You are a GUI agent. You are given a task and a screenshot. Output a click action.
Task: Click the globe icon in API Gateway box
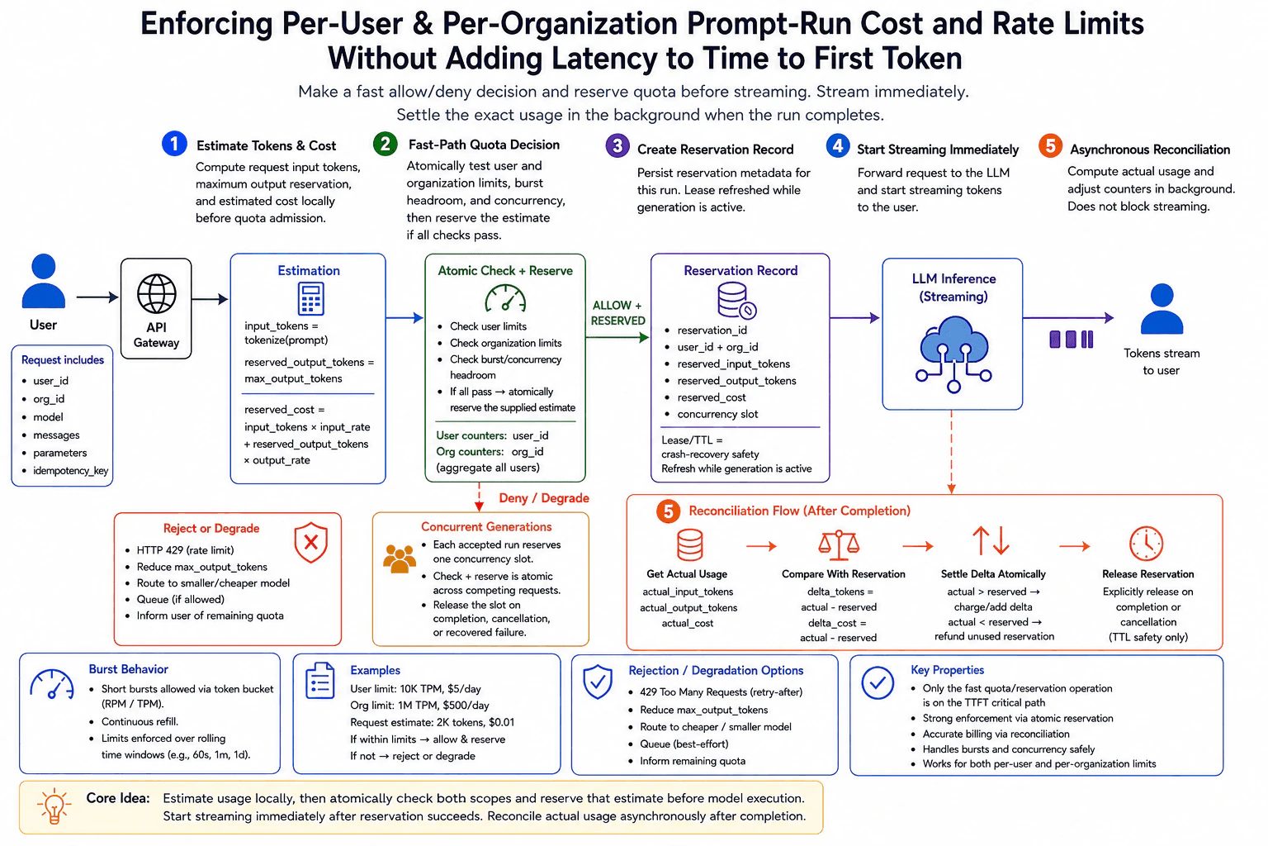(x=156, y=293)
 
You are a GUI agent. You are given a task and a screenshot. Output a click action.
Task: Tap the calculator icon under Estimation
(x=310, y=298)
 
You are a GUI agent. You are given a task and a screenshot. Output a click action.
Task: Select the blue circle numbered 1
(x=174, y=144)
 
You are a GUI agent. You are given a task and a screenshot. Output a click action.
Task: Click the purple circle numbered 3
(x=617, y=146)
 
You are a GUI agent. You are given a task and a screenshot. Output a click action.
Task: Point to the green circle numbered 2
(x=385, y=144)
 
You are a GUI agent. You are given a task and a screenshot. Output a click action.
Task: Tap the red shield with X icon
(x=310, y=543)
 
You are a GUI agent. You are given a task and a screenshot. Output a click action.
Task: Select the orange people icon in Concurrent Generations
(x=399, y=558)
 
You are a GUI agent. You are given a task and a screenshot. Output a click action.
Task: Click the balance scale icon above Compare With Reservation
(x=839, y=544)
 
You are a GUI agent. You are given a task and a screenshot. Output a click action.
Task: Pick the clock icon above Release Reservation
(x=1147, y=544)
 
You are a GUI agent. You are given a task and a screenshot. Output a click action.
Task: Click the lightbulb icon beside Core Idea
(x=54, y=806)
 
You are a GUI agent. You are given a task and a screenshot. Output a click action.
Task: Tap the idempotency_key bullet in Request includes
(x=70, y=471)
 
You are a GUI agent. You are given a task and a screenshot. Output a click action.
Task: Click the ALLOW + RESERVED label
(x=617, y=313)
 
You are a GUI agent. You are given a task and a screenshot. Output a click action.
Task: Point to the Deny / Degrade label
(x=544, y=498)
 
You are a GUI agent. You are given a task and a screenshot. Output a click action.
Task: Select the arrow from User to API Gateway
(x=97, y=297)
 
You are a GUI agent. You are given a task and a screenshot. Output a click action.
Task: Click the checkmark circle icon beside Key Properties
(x=878, y=682)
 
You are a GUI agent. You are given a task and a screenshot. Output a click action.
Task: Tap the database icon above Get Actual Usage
(x=689, y=544)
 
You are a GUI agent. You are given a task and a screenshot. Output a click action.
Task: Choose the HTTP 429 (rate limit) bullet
(x=185, y=550)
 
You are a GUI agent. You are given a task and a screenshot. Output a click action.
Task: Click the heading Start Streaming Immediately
(x=938, y=150)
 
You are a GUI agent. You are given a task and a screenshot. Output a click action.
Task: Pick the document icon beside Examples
(x=319, y=681)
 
